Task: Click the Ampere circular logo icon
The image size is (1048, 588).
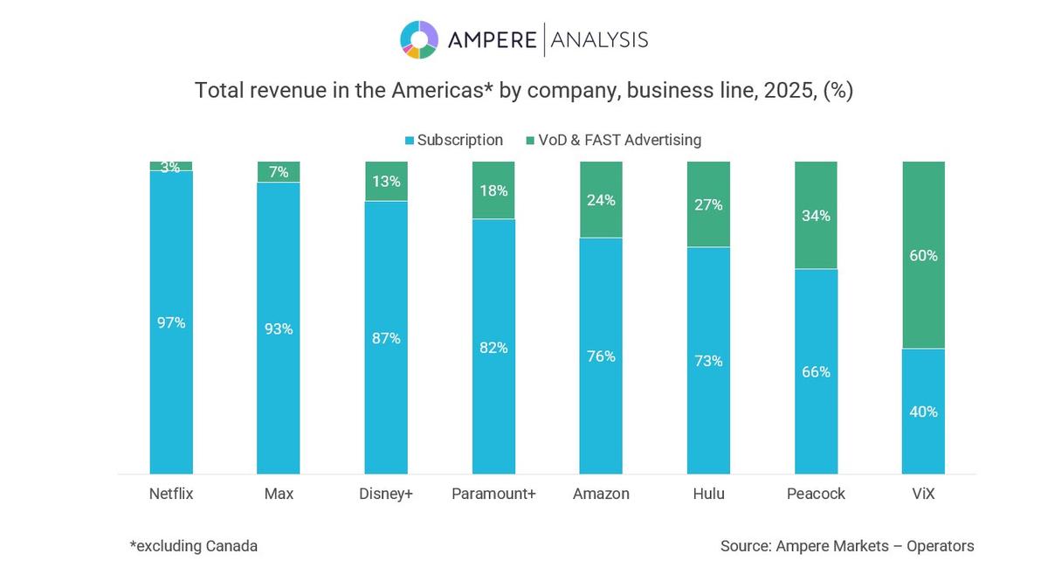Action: pos(419,39)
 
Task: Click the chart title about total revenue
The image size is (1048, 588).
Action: pos(523,90)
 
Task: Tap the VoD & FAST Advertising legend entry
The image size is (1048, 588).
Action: pos(612,140)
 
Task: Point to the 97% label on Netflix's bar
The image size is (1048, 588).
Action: pos(171,322)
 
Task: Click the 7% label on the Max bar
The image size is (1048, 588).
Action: pos(279,172)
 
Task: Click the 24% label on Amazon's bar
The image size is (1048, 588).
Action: pos(601,200)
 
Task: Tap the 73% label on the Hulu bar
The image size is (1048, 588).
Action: pos(708,360)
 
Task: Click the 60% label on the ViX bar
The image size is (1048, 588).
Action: pos(923,255)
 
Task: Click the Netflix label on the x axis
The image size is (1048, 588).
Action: pos(171,494)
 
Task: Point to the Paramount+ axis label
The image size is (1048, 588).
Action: pos(493,494)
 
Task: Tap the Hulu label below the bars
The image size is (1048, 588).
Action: pos(708,494)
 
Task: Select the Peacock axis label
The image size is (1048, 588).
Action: pos(816,494)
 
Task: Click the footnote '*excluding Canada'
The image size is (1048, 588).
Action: pos(194,546)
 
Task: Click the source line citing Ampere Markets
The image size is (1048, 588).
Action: pos(846,546)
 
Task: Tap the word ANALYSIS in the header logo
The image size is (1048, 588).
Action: pos(599,39)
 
